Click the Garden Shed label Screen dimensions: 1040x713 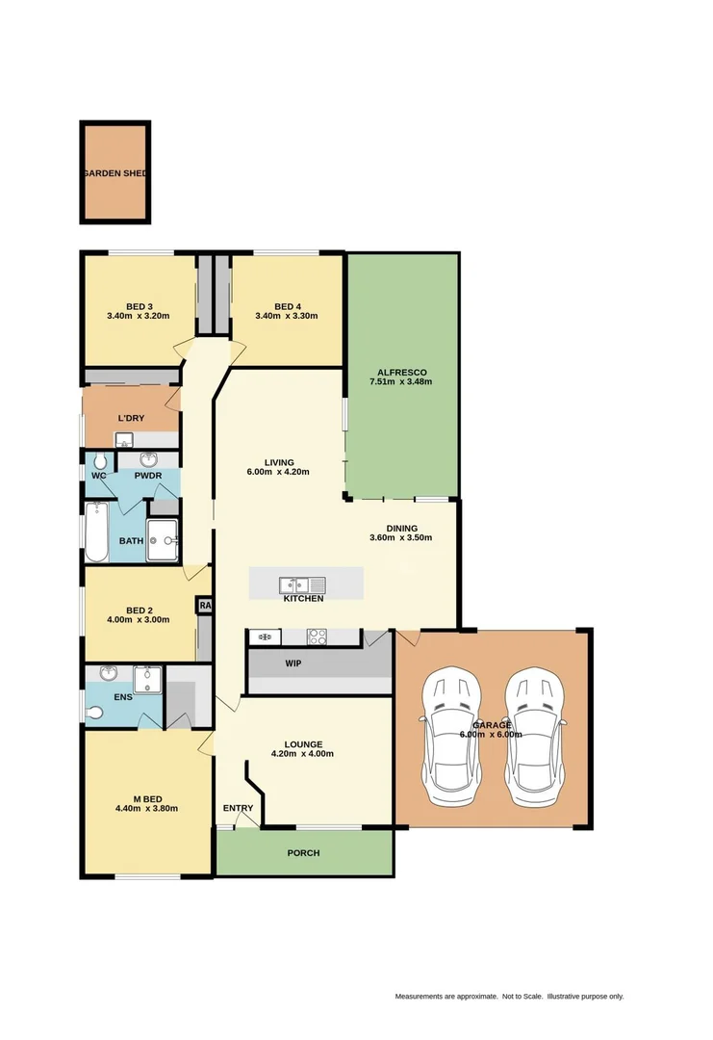(115, 173)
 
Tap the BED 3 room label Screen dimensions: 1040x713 (139, 306)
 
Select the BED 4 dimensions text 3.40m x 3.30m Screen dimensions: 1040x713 (286, 316)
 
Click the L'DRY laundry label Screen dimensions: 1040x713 (131, 418)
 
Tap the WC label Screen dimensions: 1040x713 (98, 476)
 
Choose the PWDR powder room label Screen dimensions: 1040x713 (147, 476)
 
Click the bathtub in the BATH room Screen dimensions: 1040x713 (96, 533)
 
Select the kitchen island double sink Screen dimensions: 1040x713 (303, 585)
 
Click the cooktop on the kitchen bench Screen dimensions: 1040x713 (317, 637)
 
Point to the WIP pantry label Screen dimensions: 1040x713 (293, 663)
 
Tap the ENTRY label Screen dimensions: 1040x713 (238, 808)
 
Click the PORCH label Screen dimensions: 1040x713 (303, 853)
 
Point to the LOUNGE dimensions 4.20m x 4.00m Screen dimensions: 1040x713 (303, 754)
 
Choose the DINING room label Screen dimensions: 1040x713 (401, 528)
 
